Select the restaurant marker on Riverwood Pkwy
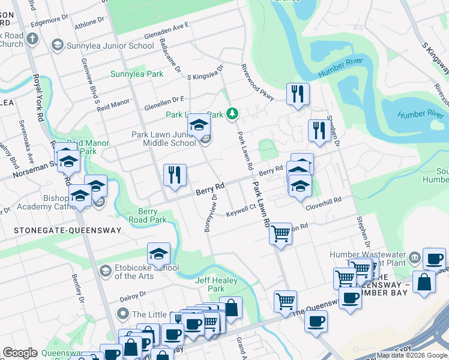click(298, 94)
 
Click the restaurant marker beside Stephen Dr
click(318, 130)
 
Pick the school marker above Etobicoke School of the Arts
click(158, 254)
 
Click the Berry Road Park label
click(148, 215)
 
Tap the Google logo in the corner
click(20, 353)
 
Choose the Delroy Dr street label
click(133, 296)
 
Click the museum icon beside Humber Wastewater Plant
click(414, 259)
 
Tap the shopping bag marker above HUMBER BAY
click(424, 283)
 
